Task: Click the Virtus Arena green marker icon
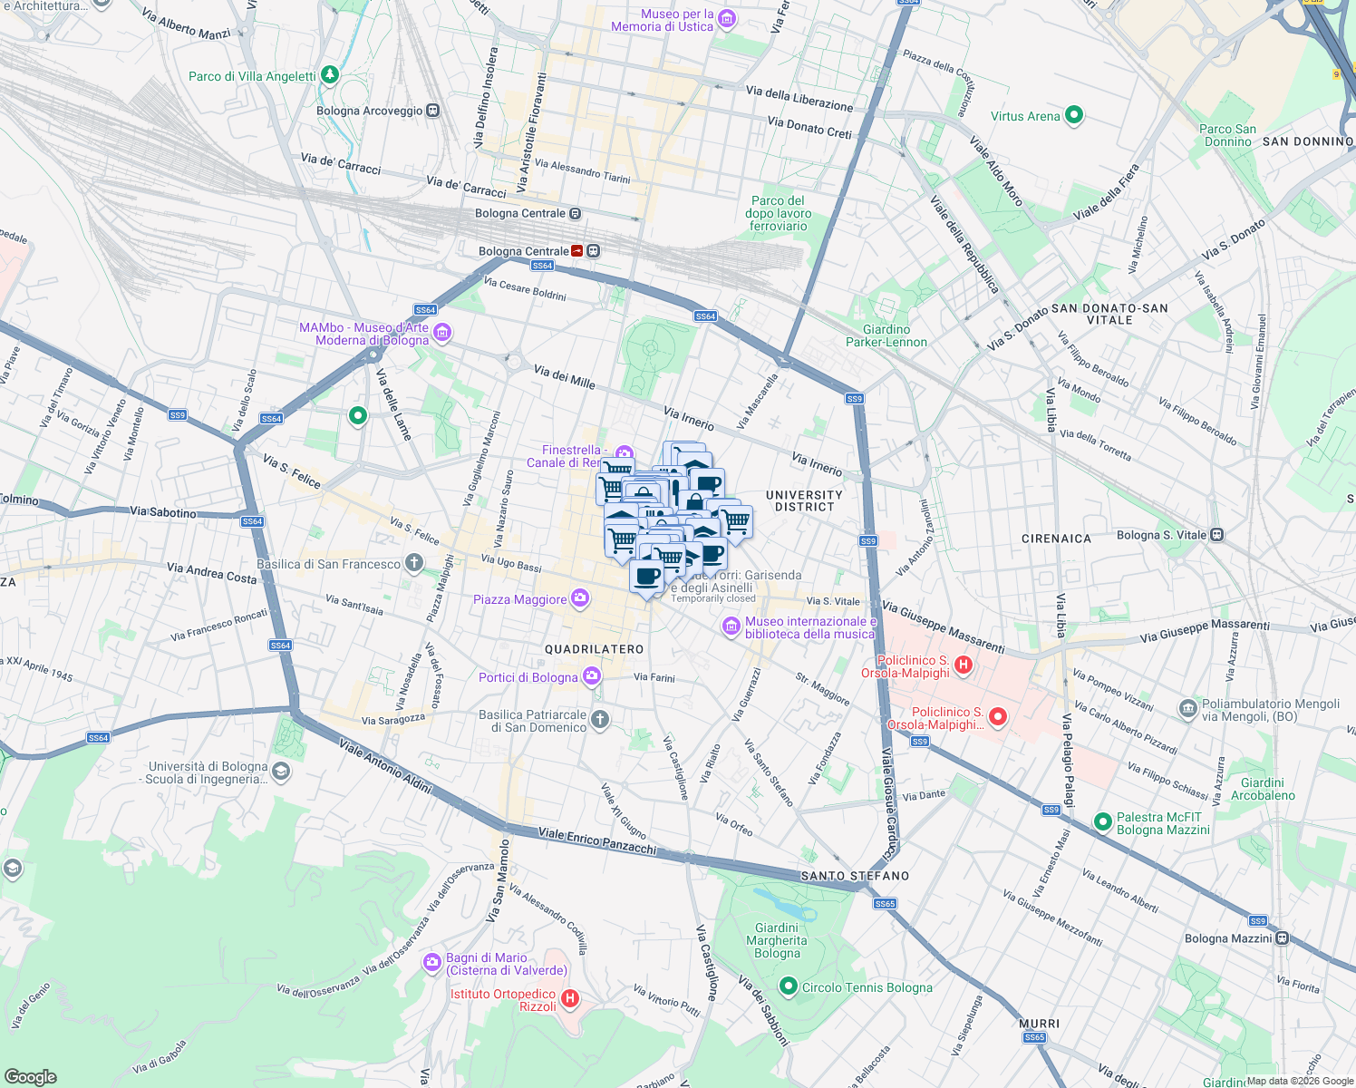point(1074,115)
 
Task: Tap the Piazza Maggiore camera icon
point(580,598)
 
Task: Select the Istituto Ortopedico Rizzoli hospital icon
point(570,999)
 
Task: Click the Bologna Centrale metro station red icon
point(576,251)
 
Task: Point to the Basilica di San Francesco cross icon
point(414,563)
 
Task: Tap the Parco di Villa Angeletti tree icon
point(330,74)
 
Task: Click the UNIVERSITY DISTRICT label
point(804,500)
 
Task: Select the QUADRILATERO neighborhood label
point(594,649)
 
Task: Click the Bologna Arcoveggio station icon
point(433,111)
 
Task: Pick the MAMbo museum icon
point(442,334)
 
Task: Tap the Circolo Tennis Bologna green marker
point(789,986)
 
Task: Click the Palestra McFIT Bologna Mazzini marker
point(1103,821)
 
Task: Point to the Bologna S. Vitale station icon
point(1217,535)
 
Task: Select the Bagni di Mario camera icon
point(432,963)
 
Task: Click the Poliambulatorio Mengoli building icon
point(1187,709)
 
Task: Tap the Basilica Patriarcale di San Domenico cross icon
point(599,720)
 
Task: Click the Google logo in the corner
point(30,1076)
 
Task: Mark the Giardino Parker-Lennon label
point(886,335)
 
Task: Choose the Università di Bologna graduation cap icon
point(281,772)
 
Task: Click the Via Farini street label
point(654,677)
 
